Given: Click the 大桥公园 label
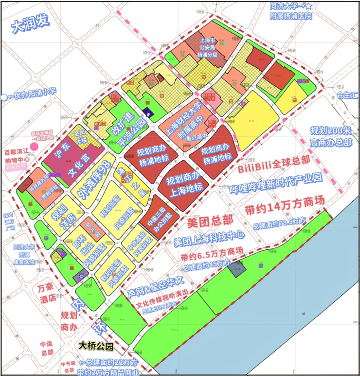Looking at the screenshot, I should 97,347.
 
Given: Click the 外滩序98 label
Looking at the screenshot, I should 97,180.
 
